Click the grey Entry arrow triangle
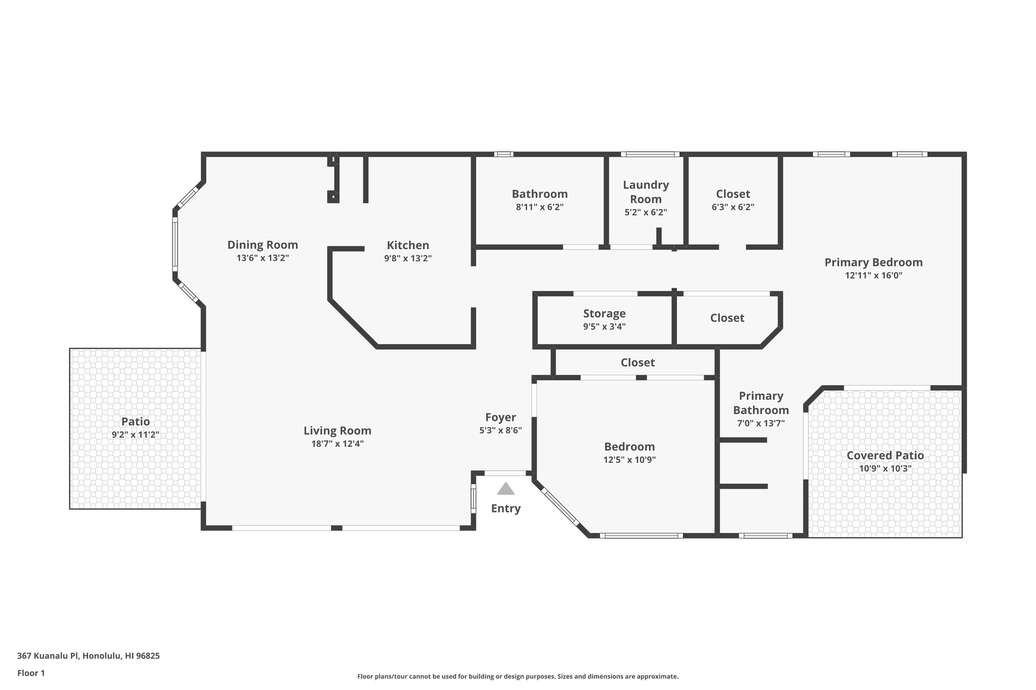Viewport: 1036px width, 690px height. pos(505,489)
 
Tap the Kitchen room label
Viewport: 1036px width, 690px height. pos(408,245)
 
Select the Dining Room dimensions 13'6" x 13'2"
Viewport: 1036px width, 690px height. pos(263,258)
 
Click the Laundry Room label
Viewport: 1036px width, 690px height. pos(645,192)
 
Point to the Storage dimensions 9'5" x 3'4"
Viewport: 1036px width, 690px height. pos(604,327)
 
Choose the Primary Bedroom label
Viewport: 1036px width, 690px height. pos(873,262)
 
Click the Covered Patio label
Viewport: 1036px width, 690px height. pos(885,455)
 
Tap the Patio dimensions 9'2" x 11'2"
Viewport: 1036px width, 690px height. pos(135,435)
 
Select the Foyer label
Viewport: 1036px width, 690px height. pos(500,417)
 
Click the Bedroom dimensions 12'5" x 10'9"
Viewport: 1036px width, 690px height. pos(629,460)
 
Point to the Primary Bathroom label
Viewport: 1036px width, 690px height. pos(760,403)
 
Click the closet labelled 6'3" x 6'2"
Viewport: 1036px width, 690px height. pos(732,194)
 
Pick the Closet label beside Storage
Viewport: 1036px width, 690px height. pos(727,318)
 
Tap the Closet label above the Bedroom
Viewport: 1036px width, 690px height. pos(637,362)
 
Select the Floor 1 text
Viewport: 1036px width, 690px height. pos(31,673)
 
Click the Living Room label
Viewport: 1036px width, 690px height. pos(337,431)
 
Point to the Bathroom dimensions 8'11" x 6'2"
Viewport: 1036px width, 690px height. pos(539,207)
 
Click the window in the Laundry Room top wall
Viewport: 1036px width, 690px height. pos(650,154)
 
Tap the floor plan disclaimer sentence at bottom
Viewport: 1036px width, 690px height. pos(517,676)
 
